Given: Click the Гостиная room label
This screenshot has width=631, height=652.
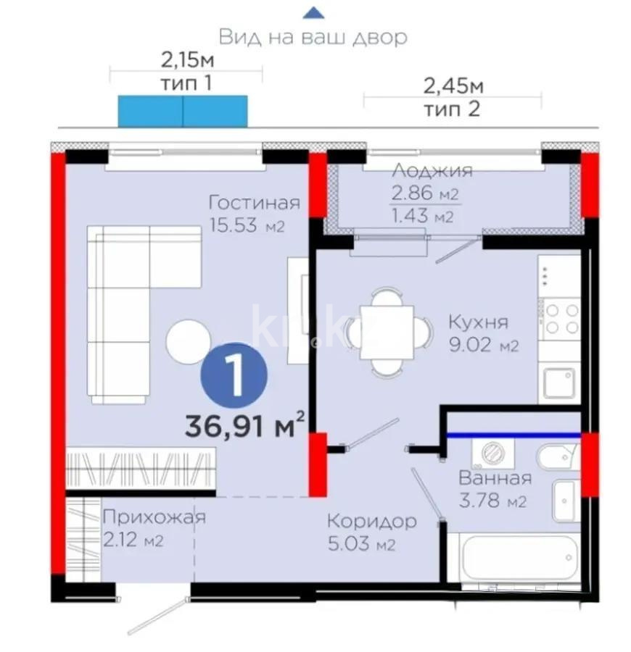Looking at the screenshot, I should coord(253,201).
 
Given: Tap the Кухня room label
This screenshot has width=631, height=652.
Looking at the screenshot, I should coord(477,322).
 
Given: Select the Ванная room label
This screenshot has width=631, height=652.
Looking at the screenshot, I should coord(493,478).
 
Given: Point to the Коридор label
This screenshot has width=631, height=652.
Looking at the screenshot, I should coord(371,521).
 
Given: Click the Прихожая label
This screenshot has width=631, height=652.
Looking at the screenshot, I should coord(154,517).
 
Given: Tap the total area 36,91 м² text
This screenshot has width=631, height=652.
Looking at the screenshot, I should coord(244,425).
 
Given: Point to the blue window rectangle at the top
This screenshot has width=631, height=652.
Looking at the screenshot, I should coord(183,110).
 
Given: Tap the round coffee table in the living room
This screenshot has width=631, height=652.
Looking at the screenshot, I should coord(188,341).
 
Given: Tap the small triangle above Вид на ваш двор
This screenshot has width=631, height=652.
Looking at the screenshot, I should coord(313,12).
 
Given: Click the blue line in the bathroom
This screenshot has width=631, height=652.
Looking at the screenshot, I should coord(512,435).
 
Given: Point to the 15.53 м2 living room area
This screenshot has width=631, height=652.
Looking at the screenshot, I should coord(246,225).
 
